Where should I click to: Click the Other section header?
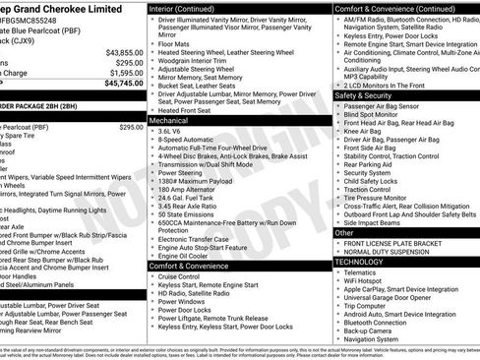coord(344,233)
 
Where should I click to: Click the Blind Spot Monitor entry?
coord(374,114)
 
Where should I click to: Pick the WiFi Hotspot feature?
coord(367,280)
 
